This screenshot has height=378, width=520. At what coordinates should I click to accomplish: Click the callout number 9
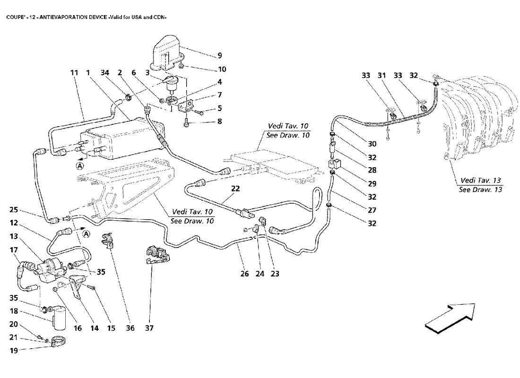219,56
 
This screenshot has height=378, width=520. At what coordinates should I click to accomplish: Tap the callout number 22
236,189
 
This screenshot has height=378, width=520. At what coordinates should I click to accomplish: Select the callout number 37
149,327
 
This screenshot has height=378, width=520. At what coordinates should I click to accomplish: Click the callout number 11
74,73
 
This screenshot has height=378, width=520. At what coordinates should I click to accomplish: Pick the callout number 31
381,75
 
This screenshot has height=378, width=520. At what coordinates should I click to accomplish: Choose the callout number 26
244,273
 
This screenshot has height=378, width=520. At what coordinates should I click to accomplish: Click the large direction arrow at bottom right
449,316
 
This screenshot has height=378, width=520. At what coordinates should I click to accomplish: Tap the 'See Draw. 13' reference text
480,189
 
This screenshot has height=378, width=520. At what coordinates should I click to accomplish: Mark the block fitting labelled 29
334,165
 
